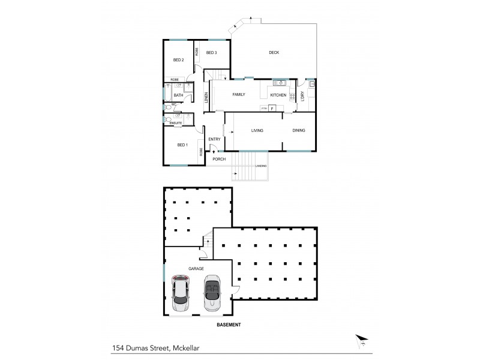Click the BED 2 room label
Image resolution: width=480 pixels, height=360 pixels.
click(178, 60)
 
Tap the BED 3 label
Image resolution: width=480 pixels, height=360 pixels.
click(211, 53)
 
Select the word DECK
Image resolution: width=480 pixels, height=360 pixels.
click(274, 53)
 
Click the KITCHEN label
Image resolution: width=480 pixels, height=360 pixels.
click(278, 95)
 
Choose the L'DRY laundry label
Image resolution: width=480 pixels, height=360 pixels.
click(303, 95)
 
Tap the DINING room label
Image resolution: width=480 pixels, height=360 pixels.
click(299, 130)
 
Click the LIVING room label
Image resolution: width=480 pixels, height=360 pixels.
click(258, 130)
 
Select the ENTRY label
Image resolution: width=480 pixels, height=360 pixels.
click(214, 140)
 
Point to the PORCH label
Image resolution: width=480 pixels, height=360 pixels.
click(218, 159)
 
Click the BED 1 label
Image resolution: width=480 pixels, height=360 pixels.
click(182, 145)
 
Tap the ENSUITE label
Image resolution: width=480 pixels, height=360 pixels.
click(176, 123)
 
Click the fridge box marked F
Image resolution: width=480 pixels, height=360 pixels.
click(272, 108)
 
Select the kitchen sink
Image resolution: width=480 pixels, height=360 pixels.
click(278, 83)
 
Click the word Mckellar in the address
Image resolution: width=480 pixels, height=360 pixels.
click(188, 346)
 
